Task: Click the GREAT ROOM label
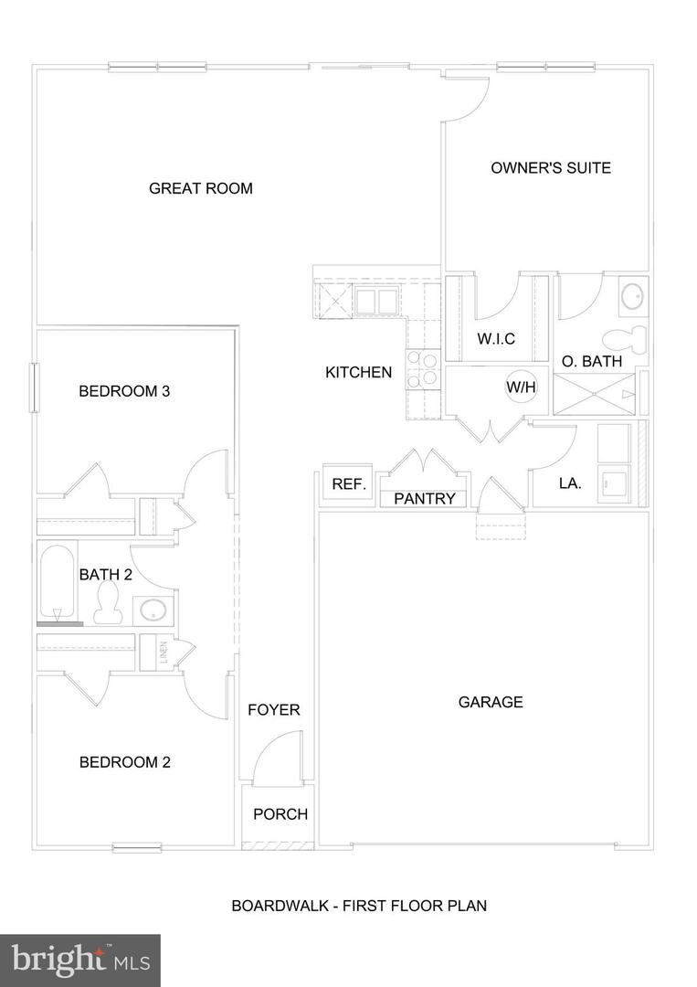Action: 201,188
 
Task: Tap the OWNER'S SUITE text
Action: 551,168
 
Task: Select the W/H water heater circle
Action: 522,387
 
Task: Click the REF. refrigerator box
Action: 349,483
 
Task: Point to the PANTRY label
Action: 425,499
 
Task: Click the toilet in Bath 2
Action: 108,602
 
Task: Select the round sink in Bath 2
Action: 153,610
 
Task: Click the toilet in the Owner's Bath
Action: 625,339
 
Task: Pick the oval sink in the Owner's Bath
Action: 631,295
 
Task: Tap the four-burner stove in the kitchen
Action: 423,369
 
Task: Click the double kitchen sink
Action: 375,302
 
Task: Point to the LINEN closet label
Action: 164,653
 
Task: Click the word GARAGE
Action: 491,702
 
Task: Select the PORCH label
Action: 280,814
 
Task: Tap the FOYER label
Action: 274,710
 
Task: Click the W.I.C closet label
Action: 496,339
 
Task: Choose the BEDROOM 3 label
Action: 124,391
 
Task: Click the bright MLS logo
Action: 79,960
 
